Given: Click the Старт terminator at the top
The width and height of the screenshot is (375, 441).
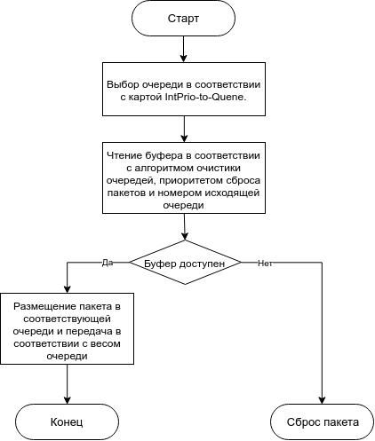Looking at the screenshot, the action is pos(183,19).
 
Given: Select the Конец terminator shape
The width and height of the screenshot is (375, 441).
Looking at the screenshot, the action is pos(67,422).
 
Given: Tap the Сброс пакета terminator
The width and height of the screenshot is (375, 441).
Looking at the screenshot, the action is pos(323,422).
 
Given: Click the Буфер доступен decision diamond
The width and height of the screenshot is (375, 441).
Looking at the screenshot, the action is pos(185,263).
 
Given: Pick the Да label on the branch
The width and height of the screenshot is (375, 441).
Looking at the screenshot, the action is pos(108,263).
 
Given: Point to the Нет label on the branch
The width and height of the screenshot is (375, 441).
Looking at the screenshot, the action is pos(265,264).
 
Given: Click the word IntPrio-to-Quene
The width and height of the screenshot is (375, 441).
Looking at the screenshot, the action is pos(205,97).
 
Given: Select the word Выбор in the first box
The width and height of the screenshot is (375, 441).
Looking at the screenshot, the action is pos(123,84).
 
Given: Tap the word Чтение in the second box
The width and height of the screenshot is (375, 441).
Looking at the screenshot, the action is pos(124,155).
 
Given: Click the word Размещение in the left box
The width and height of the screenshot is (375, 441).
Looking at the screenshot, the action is pos(45,306).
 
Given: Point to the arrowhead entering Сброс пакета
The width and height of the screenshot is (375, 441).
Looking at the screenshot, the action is pos(322,400).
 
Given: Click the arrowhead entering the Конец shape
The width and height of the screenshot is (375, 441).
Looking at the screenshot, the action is pos(68,400).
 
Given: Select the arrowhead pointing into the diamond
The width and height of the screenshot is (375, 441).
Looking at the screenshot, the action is pos(185,236).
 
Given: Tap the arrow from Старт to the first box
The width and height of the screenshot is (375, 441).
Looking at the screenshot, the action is pos(184,49).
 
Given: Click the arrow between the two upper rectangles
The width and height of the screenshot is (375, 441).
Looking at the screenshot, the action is pos(184,129).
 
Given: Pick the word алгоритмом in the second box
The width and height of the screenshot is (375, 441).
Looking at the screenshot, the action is pos(165,168).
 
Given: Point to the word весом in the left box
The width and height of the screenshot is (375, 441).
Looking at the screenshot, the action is pos(105,344).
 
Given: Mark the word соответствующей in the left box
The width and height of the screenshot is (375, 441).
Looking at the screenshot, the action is pos(67,319).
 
